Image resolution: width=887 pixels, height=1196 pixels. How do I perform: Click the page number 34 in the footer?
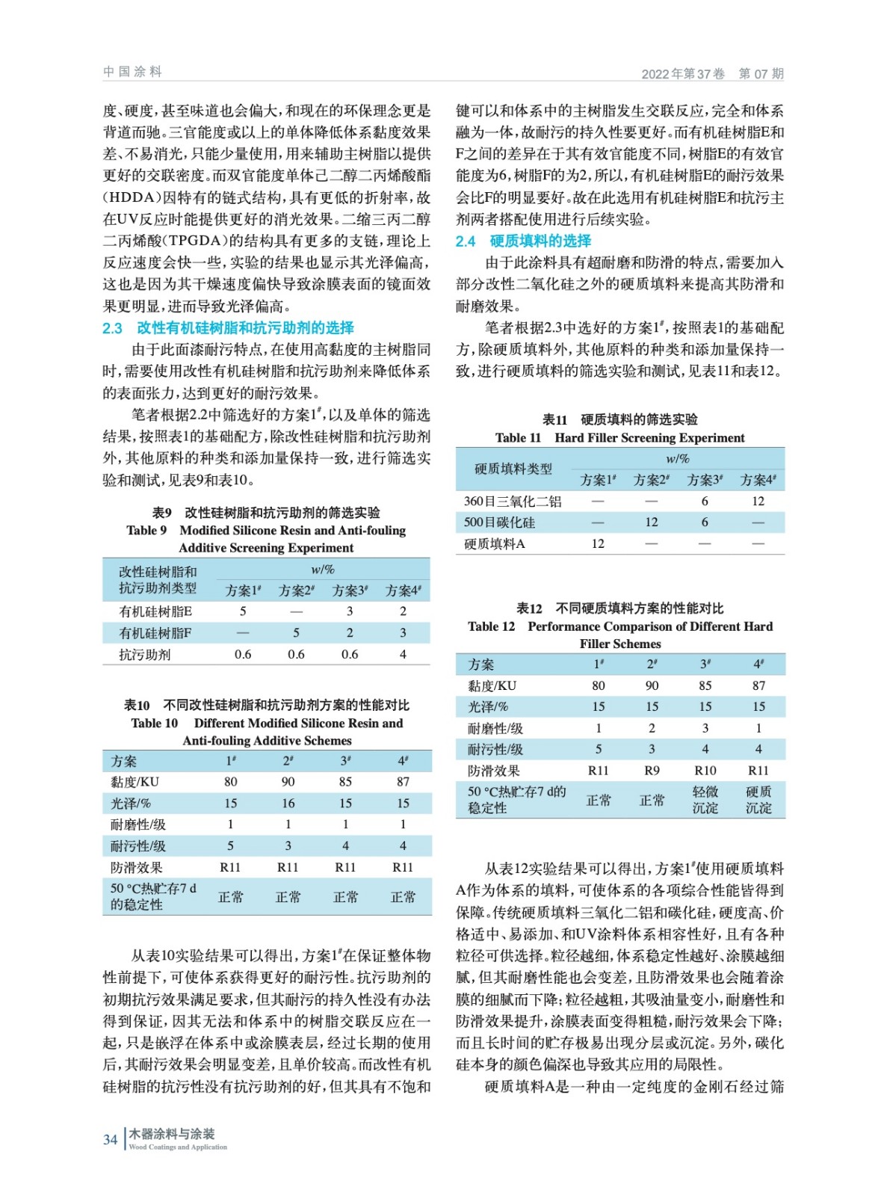pyautogui.click(x=110, y=1139)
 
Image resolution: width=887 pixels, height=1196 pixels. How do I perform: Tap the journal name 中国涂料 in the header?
pyautogui.click(x=132, y=72)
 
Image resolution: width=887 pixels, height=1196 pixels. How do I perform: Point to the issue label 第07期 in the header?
pyautogui.click(x=761, y=74)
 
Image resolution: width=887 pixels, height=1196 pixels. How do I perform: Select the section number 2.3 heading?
pyautogui.click(x=112, y=328)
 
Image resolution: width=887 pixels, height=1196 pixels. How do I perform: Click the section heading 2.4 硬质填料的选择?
pyautogui.click(x=523, y=241)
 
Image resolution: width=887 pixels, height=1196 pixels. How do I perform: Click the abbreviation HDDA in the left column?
pyautogui.click(x=131, y=197)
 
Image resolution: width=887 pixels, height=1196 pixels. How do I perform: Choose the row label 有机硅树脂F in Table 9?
pyautogui.click(x=155, y=633)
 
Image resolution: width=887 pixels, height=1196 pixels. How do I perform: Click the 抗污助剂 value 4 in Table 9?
pyautogui.click(x=403, y=654)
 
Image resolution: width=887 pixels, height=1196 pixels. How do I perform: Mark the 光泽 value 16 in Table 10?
pyautogui.click(x=288, y=803)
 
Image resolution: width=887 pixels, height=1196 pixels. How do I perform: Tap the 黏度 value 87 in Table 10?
pyautogui.click(x=403, y=781)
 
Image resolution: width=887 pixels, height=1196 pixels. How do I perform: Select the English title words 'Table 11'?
pyautogui.click(x=518, y=438)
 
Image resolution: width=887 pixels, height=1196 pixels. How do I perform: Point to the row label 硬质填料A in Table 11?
pyautogui.click(x=494, y=543)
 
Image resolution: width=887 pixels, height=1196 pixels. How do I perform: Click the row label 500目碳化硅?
pyautogui.click(x=499, y=523)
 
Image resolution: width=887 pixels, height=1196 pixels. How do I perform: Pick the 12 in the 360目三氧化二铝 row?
pyautogui.click(x=758, y=501)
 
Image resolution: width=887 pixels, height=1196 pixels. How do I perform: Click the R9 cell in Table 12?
pyautogui.click(x=652, y=770)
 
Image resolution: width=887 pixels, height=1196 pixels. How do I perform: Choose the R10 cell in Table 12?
pyautogui.click(x=705, y=770)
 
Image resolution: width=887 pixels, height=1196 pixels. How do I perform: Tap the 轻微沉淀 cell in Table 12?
pyautogui.click(x=705, y=800)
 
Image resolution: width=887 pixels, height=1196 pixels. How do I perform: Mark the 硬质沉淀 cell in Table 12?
pyautogui.click(x=758, y=800)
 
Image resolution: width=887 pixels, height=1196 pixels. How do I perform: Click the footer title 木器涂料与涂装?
pyautogui.click(x=172, y=1134)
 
